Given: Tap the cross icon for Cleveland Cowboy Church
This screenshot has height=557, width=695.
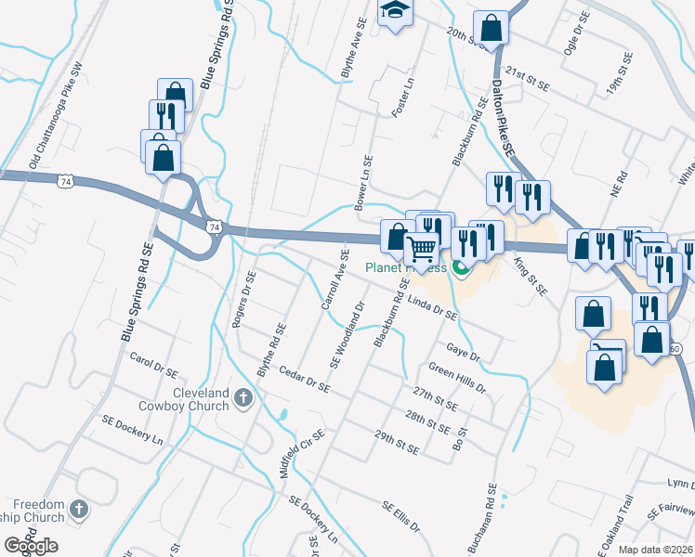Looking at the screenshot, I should coord(243,399).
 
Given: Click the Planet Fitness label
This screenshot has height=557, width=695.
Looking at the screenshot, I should coord(406,268).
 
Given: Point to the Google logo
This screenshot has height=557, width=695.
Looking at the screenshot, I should coord(31,546).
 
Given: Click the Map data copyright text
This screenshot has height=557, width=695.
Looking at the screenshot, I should coord(654,550).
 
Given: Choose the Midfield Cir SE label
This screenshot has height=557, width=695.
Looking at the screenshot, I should coord(303,454).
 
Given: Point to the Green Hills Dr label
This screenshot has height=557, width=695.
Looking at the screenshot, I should coord(457,381).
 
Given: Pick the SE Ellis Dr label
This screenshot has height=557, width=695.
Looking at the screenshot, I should coord(401,517).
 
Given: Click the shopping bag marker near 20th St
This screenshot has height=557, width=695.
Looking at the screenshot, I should coord(492,27).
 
